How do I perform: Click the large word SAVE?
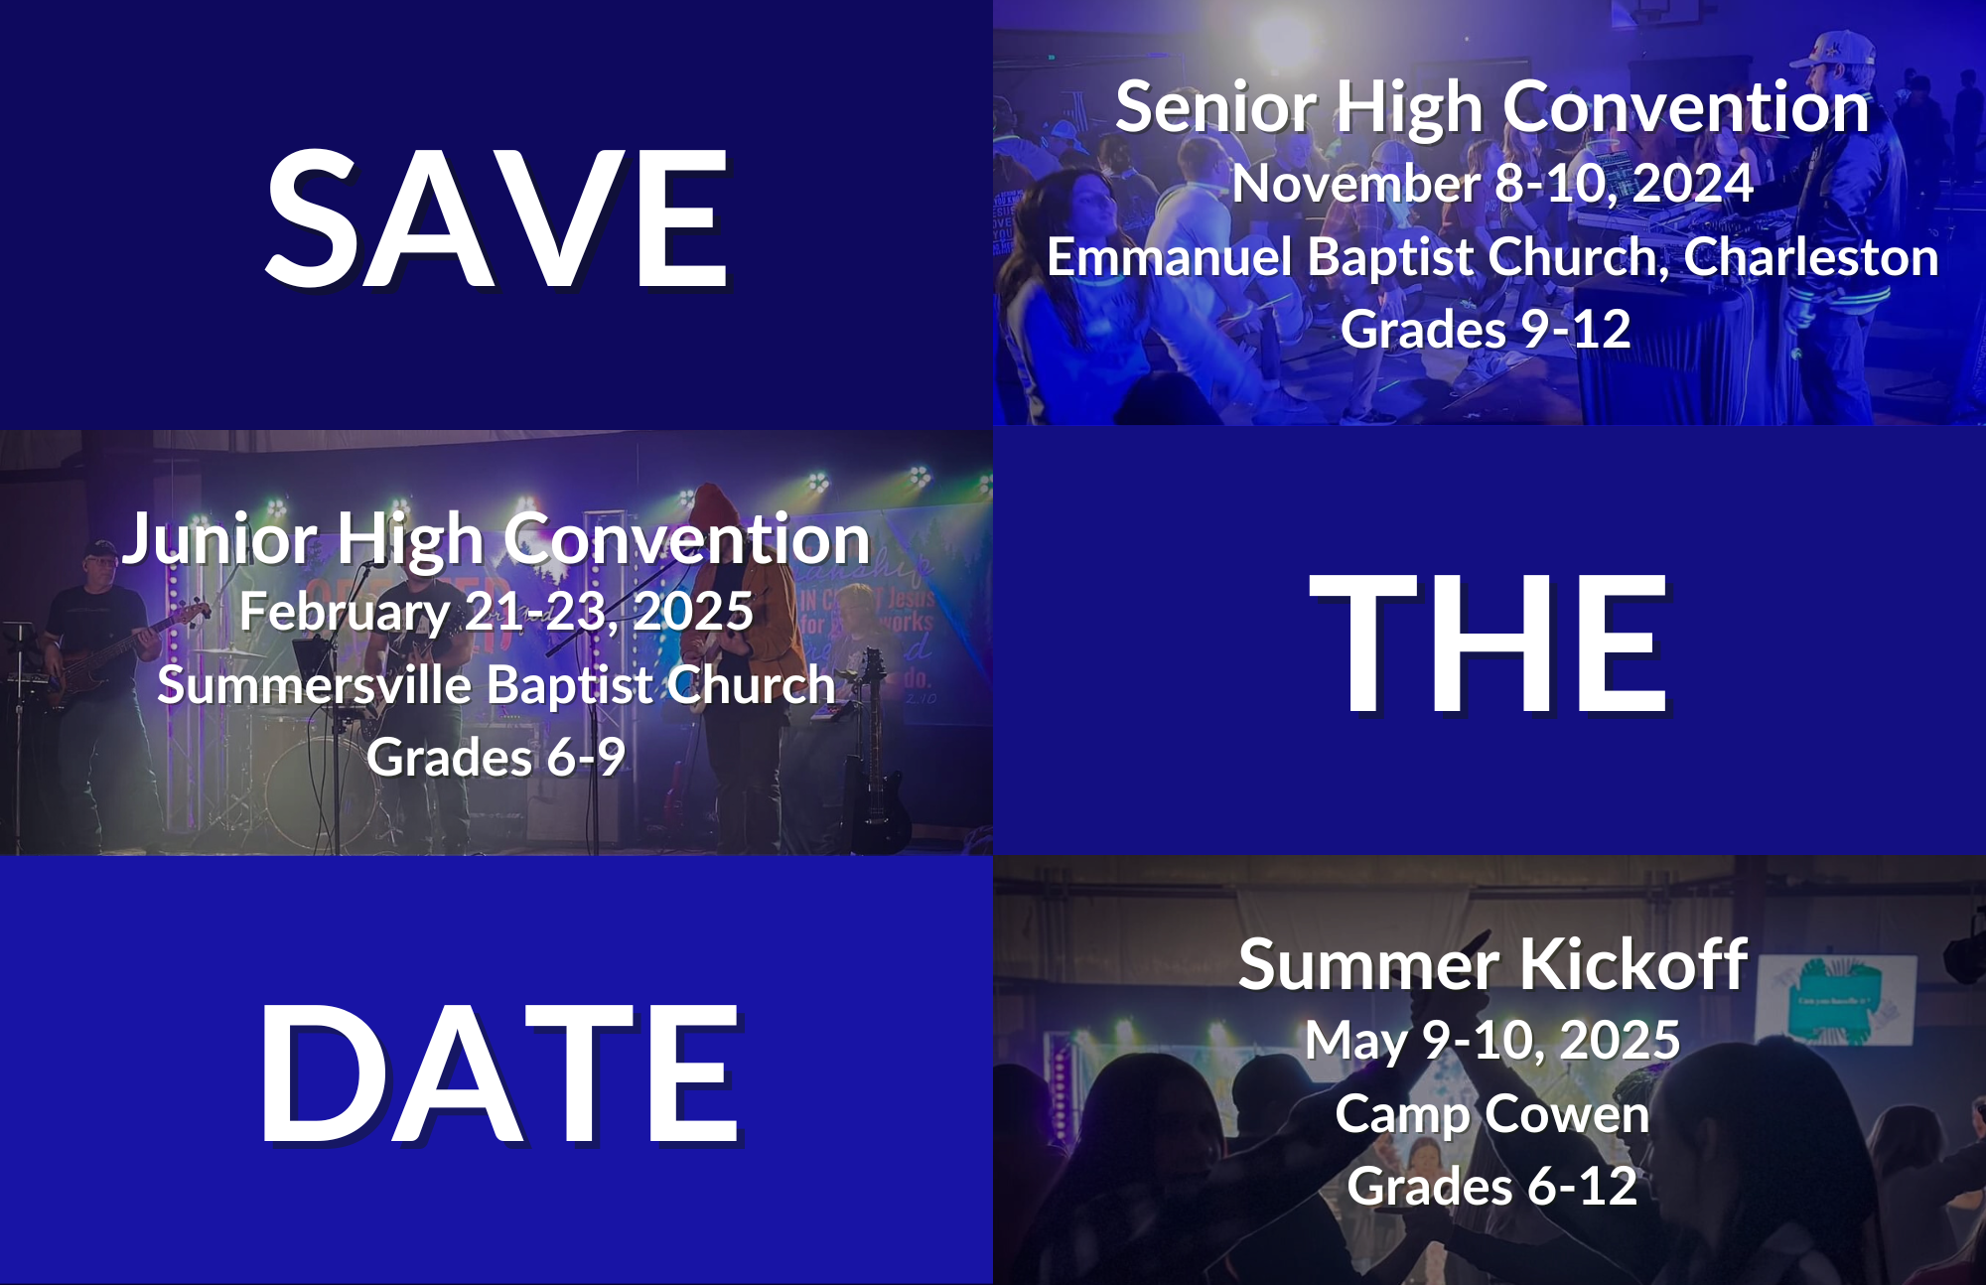point(496,218)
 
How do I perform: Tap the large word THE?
point(1489,643)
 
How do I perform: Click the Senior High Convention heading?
point(1492,107)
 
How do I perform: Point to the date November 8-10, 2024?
point(1492,184)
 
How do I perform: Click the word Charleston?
point(1810,257)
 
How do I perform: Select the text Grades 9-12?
point(1486,330)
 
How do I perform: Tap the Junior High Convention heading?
point(496,539)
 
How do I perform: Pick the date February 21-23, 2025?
point(496,612)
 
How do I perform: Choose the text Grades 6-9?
point(496,758)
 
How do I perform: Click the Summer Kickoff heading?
point(1492,964)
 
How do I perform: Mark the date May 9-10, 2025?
point(1492,1041)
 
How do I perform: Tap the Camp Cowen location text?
point(1492,1113)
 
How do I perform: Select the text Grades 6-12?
point(1492,1187)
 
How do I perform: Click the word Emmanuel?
point(1170,257)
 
